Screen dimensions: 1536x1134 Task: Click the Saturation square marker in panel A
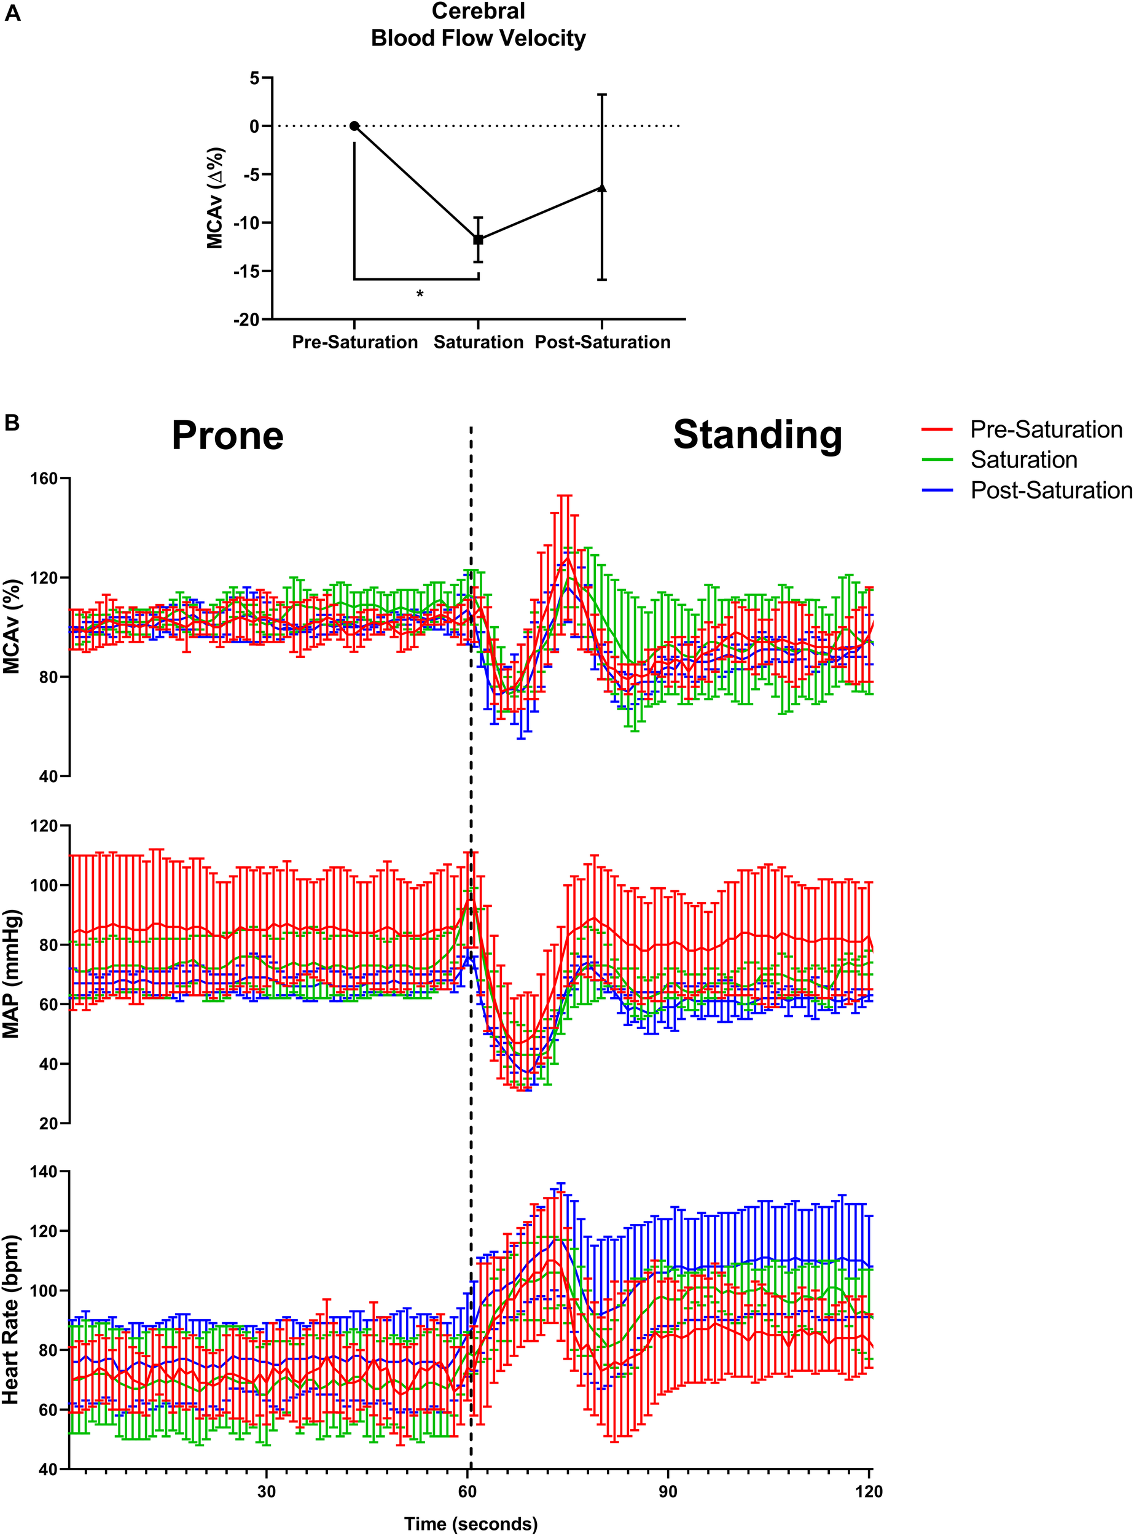[x=479, y=240]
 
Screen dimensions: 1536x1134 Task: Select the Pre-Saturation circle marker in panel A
[x=354, y=126]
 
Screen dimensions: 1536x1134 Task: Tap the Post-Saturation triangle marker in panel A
[x=602, y=187]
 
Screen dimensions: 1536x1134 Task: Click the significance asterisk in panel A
[x=420, y=294]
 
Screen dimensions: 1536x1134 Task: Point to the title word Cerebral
[x=479, y=12]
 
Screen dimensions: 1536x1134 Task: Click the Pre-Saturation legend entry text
[x=1046, y=430]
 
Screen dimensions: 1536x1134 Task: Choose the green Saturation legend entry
[x=1023, y=460]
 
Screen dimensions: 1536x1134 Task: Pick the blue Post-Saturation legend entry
[x=1050, y=490]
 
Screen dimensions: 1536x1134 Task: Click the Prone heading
[x=227, y=436]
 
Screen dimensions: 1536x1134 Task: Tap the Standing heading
[x=757, y=434]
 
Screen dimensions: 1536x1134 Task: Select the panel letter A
[x=12, y=13]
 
